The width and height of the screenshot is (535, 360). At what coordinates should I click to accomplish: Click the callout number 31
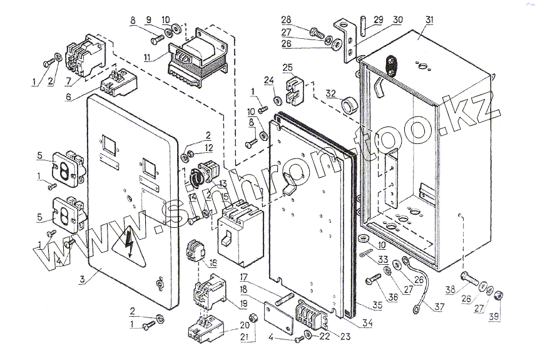(429, 21)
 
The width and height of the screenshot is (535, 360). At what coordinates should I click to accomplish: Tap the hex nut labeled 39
(499, 296)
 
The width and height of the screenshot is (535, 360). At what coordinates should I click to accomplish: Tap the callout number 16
(213, 262)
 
